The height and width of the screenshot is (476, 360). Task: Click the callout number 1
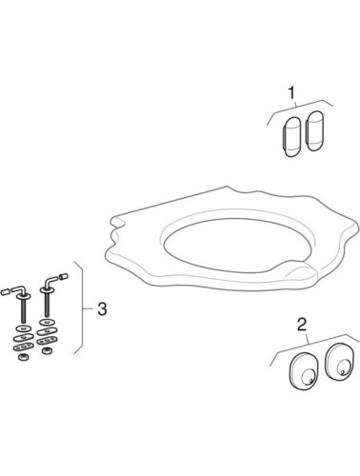click(291, 93)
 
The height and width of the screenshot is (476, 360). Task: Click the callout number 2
click(302, 326)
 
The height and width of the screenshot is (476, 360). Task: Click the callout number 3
click(102, 308)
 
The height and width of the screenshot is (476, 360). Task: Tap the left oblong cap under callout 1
click(291, 137)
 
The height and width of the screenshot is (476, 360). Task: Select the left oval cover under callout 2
click(303, 370)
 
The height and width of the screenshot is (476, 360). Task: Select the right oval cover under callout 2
click(339, 361)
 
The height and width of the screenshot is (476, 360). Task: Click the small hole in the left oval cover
click(311, 381)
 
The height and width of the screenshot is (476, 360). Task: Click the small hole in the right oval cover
click(343, 371)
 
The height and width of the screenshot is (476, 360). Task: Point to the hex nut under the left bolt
click(23, 357)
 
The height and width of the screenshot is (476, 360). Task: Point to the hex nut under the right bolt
click(45, 351)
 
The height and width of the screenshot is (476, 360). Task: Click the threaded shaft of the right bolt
click(47, 304)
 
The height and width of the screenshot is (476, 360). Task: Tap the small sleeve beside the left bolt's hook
click(6, 291)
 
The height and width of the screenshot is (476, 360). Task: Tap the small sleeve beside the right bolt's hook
click(64, 276)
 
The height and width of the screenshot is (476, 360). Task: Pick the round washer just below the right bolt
click(46, 323)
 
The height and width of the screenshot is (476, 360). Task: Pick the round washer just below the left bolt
click(24, 328)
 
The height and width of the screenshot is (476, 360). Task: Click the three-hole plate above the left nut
click(23, 347)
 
